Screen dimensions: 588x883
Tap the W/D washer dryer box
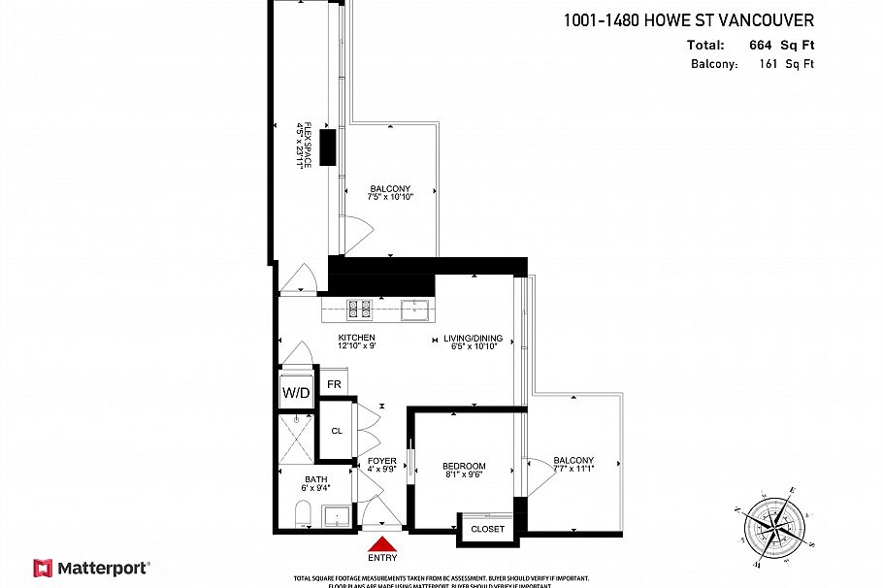click(x=296, y=393)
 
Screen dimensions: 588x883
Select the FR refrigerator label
click(x=334, y=385)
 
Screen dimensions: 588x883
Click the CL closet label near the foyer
click(x=337, y=431)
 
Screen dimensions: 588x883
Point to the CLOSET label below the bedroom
click(x=487, y=529)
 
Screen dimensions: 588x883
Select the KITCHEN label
click(x=356, y=338)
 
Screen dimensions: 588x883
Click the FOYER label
click(x=381, y=461)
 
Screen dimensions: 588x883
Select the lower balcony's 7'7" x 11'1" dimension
click(x=573, y=469)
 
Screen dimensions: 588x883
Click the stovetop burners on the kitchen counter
click(x=361, y=310)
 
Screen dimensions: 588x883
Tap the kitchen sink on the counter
click(x=415, y=310)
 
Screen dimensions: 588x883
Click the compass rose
click(x=773, y=524)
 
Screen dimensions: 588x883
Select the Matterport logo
click(x=91, y=568)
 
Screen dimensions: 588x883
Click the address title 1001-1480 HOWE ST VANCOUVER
click(x=688, y=20)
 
